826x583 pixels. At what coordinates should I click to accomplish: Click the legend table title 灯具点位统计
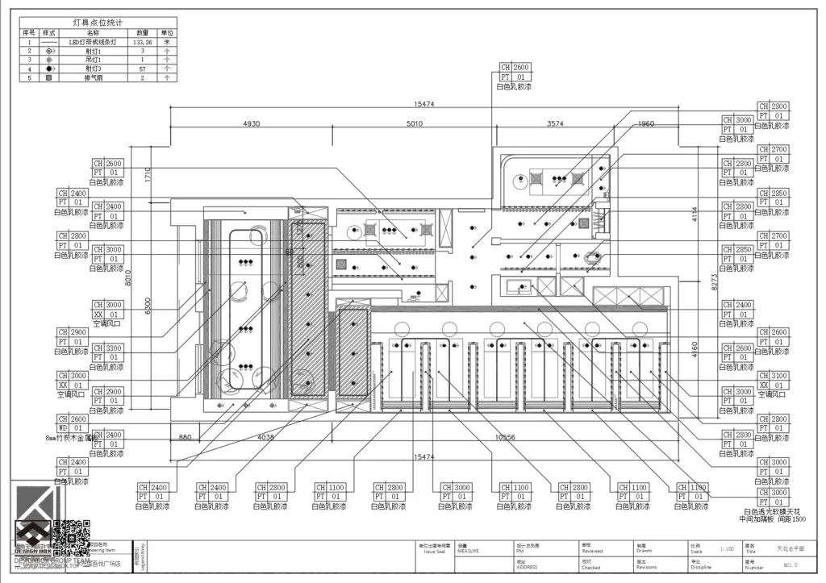tap(98, 24)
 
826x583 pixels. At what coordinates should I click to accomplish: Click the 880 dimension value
tap(186, 438)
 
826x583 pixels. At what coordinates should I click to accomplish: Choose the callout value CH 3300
tap(113, 348)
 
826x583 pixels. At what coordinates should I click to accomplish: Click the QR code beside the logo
tap(72, 533)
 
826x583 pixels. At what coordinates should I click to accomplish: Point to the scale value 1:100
tap(726, 548)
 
